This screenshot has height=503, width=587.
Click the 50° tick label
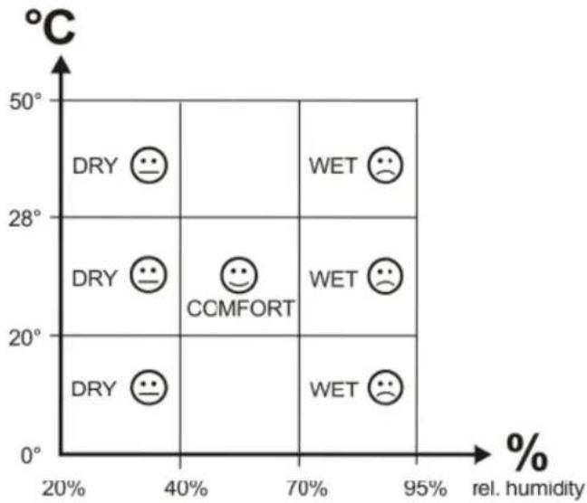click(25, 101)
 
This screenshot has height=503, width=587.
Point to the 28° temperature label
click(24, 219)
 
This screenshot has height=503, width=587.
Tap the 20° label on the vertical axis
click(24, 338)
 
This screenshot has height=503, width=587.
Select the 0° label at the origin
click(31, 456)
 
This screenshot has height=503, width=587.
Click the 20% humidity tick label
click(64, 489)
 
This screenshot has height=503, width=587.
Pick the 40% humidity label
click(186, 489)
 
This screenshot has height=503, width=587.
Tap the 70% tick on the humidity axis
click(306, 489)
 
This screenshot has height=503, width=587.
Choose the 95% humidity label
click(425, 489)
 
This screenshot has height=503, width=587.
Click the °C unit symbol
click(51, 27)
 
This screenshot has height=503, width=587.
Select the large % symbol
click(526, 452)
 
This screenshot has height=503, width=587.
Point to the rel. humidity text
click(528, 489)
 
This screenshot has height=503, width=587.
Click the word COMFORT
click(241, 308)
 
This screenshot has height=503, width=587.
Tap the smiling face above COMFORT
click(239, 275)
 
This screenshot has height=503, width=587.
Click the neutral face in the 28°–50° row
click(149, 165)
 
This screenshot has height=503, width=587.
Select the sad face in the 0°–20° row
click(385, 387)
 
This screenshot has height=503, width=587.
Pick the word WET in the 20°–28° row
click(332, 279)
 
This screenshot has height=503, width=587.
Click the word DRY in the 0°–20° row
click(94, 389)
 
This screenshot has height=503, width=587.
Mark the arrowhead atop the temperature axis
click(61, 65)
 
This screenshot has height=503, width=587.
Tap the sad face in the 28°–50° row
click(385, 165)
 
